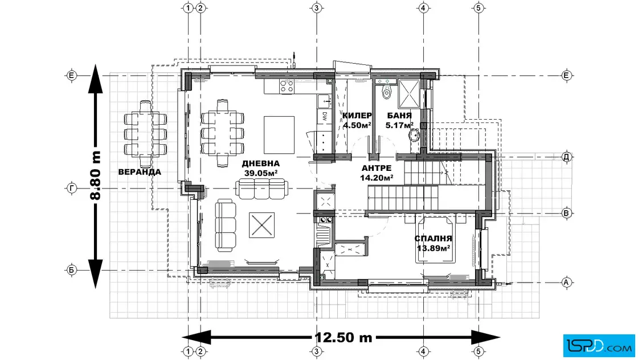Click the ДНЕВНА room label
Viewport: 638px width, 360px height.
[x=261, y=163]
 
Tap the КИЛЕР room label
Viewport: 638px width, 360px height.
[x=357, y=116]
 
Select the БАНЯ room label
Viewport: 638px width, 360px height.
[x=399, y=116]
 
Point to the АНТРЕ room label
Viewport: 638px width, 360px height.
[x=377, y=168]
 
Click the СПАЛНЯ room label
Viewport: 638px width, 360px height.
[x=433, y=238]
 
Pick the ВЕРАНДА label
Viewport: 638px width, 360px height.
[x=140, y=172]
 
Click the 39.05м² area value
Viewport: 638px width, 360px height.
[x=261, y=173]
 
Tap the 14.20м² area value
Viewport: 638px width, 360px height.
[x=377, y=177]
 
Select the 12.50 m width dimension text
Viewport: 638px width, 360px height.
[x=343, y=337]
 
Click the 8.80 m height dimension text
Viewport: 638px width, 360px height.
[x=95, y=175]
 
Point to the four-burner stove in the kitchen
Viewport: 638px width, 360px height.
[x=287, y=86]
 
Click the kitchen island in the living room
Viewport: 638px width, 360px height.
[x=279, y=134]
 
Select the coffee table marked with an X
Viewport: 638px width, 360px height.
[x=261, y=225]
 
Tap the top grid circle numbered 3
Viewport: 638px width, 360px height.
[x=317, y=8]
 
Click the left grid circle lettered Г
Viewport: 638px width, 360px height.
[x=72, y=189]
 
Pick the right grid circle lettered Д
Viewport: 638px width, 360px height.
[x=566, y=157]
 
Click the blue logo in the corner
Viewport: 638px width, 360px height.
[x=599, y=346]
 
